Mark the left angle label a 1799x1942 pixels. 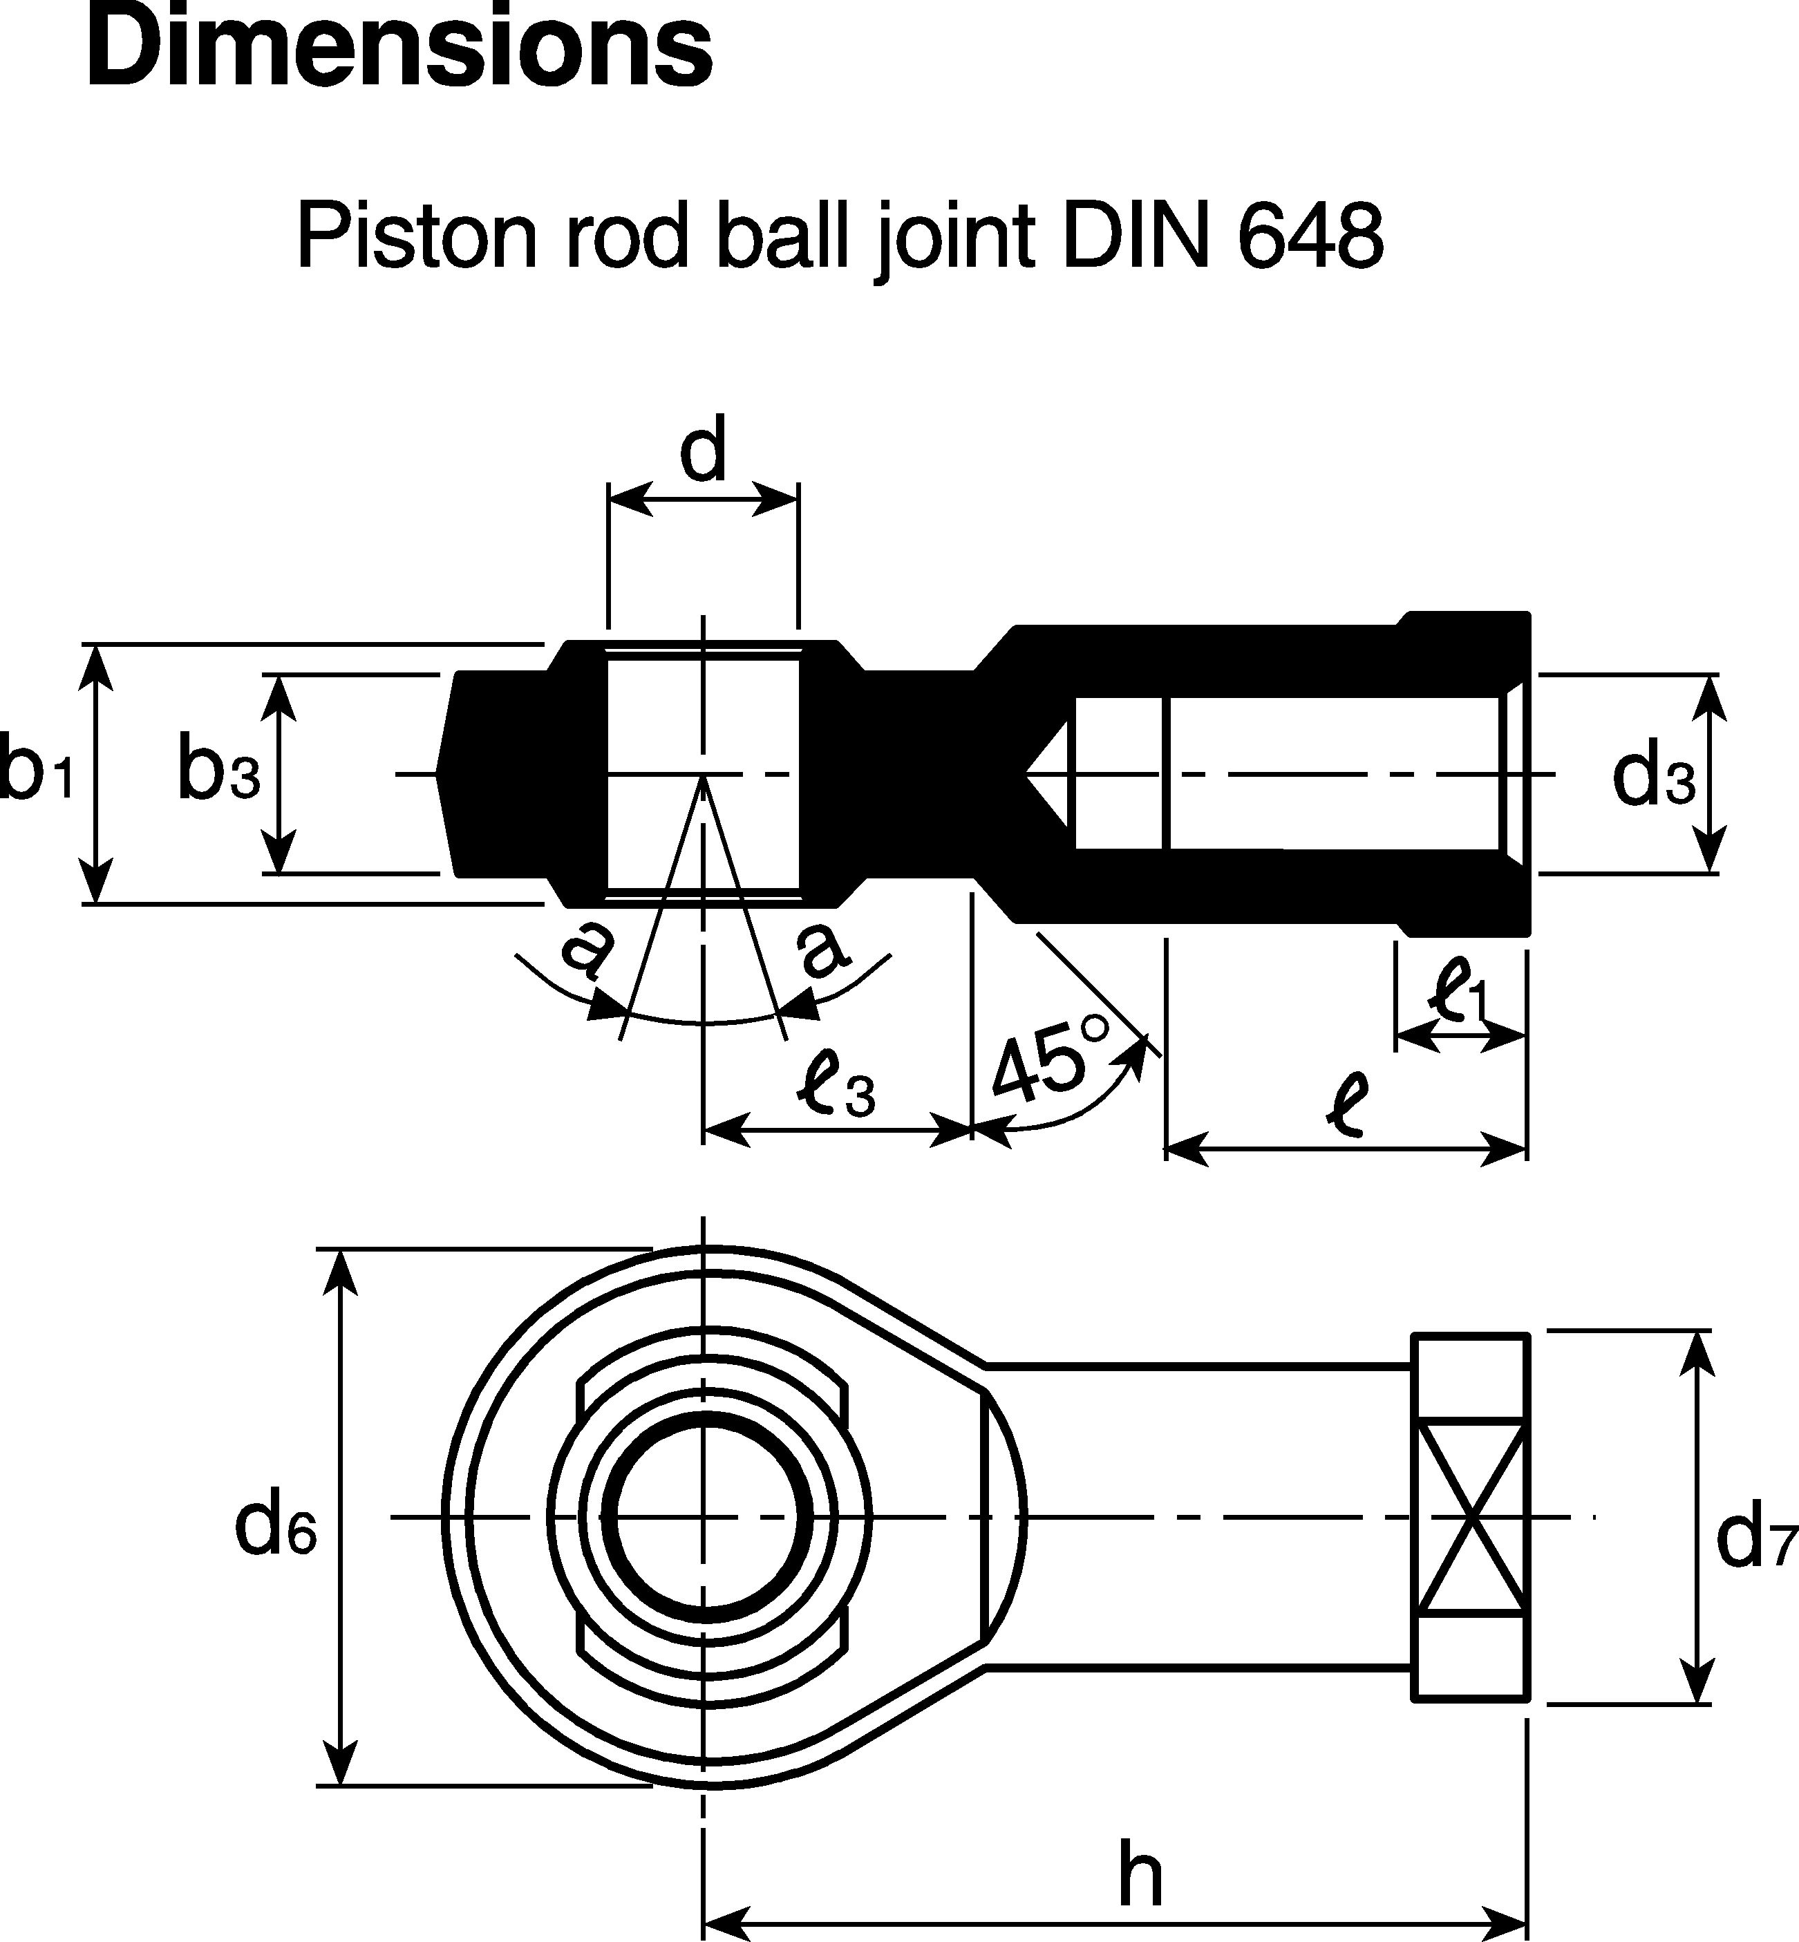(x=587, y=947)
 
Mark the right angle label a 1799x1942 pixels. (x=822, y=947)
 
